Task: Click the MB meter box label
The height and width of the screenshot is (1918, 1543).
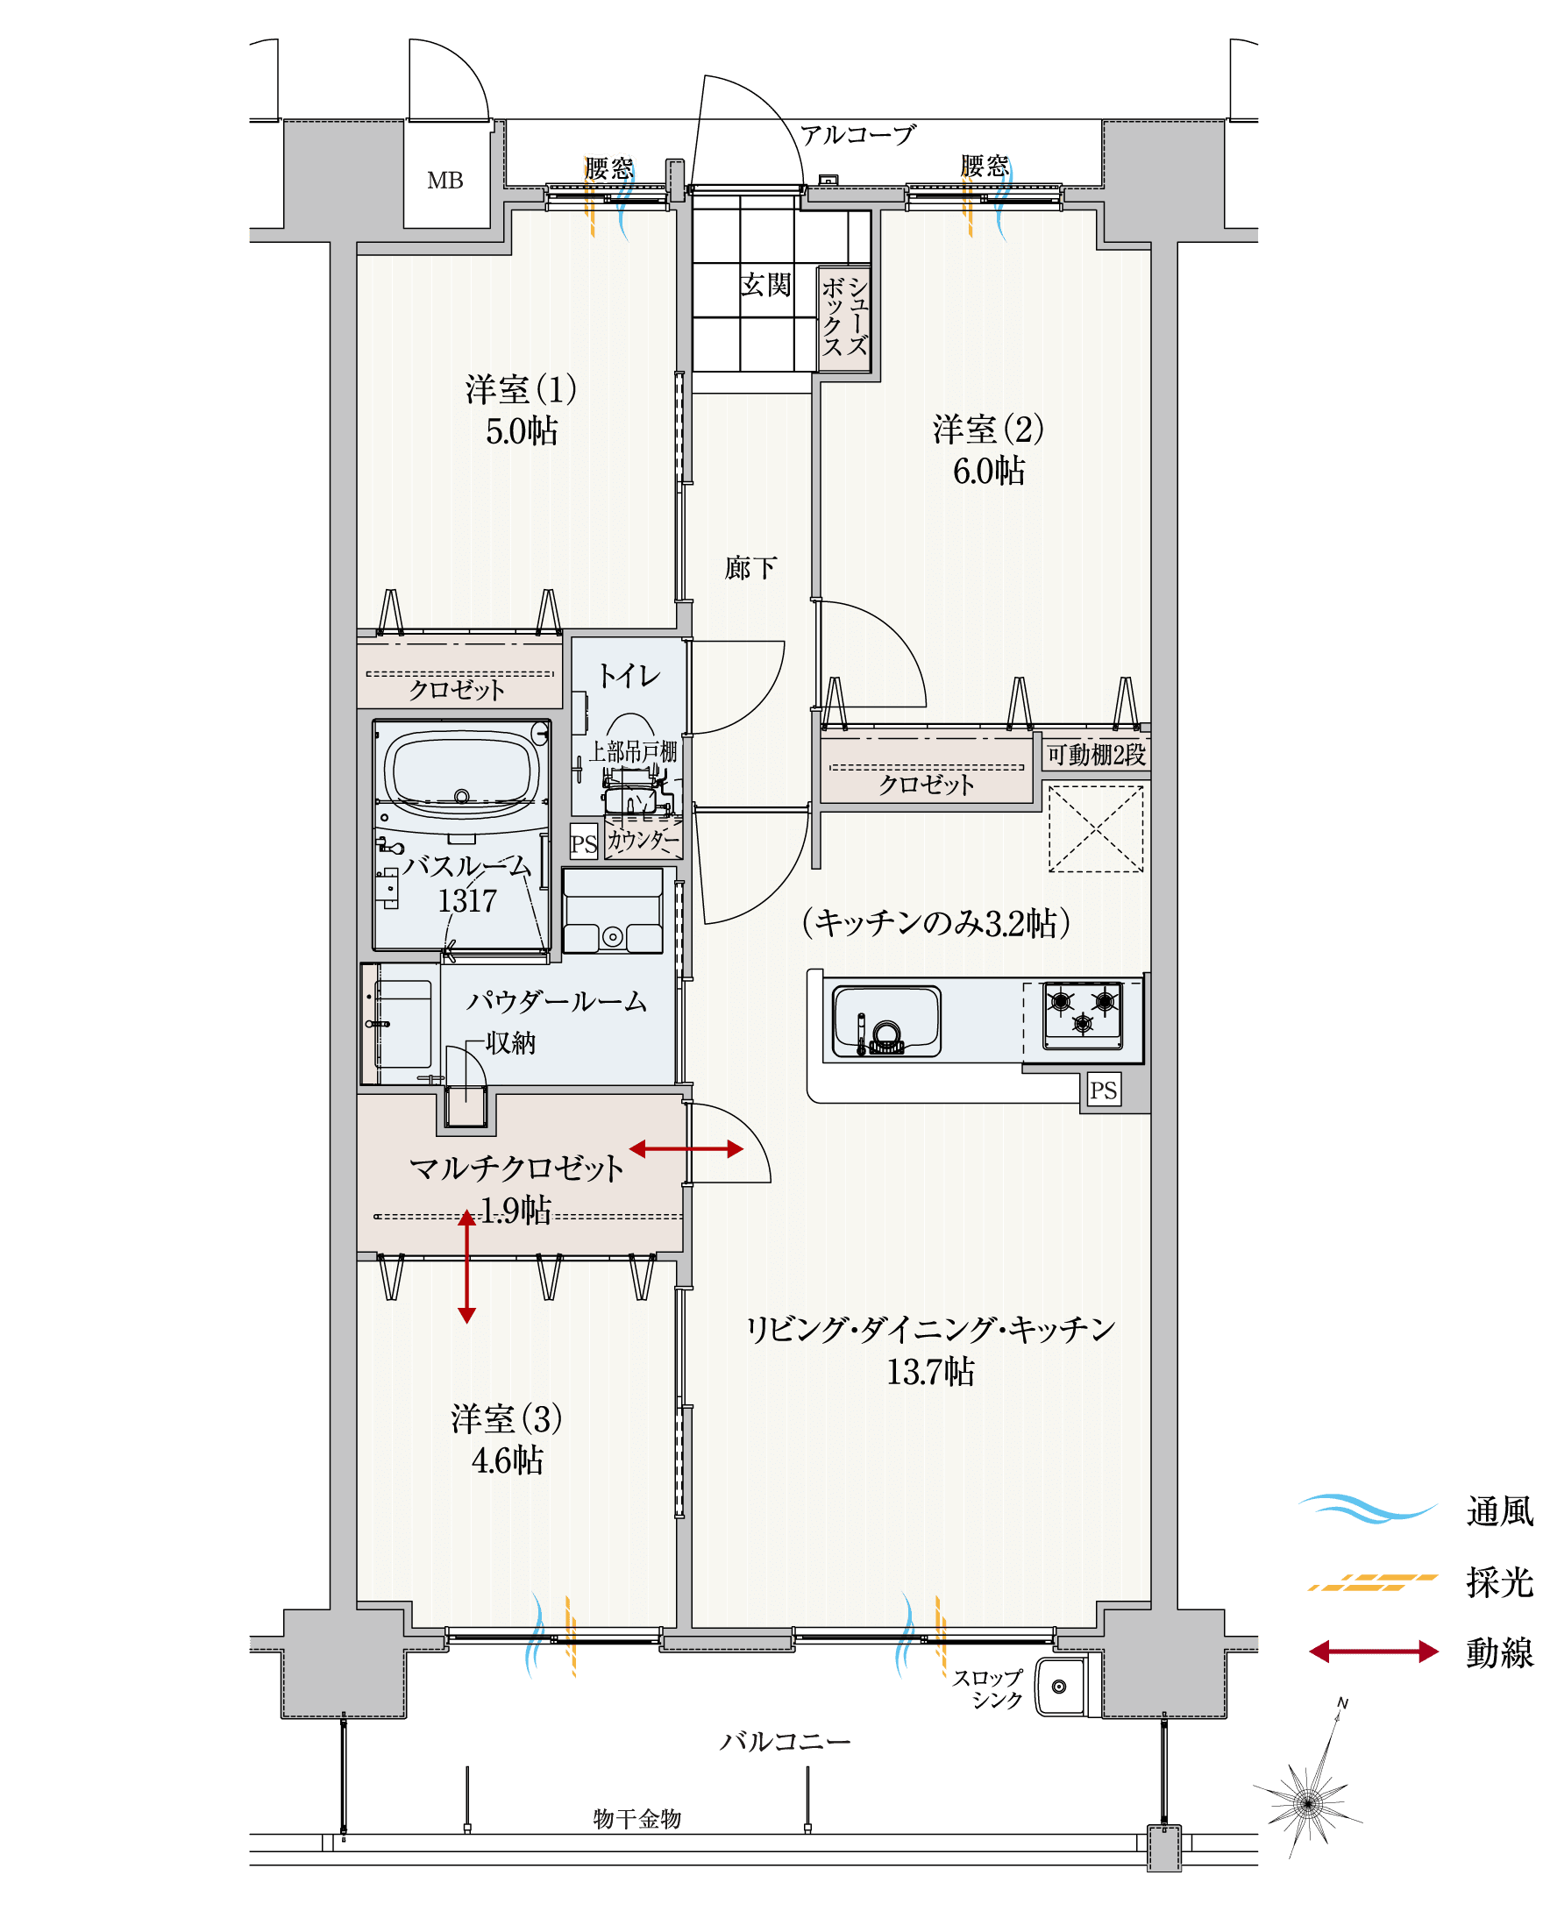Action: (444, 181)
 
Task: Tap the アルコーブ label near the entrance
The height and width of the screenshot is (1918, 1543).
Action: (857, 135)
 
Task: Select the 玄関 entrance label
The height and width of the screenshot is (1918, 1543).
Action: (765, 286)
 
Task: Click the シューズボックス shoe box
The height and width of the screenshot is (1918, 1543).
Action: (844, 317)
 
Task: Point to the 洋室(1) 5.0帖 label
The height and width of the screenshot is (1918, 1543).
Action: (522, 410)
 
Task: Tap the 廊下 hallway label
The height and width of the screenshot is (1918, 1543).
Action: (750, 567)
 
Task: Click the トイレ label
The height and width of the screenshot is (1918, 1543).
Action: (629, 676)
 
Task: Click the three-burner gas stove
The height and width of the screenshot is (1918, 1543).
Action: (1082, 1015)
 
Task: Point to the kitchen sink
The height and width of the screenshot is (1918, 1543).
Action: (885, 1020)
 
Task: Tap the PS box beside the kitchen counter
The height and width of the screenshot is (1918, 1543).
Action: (1104, 1090)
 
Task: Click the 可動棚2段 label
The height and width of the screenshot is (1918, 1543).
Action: (1095, 756)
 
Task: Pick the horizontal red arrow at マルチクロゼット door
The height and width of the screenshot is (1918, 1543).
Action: (686, 1149)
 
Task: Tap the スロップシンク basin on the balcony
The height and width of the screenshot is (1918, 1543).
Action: (1059, 1687)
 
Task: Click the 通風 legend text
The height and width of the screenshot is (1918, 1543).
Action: (1499, 1512)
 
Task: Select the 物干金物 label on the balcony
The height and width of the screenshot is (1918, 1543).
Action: (637, 1819)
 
